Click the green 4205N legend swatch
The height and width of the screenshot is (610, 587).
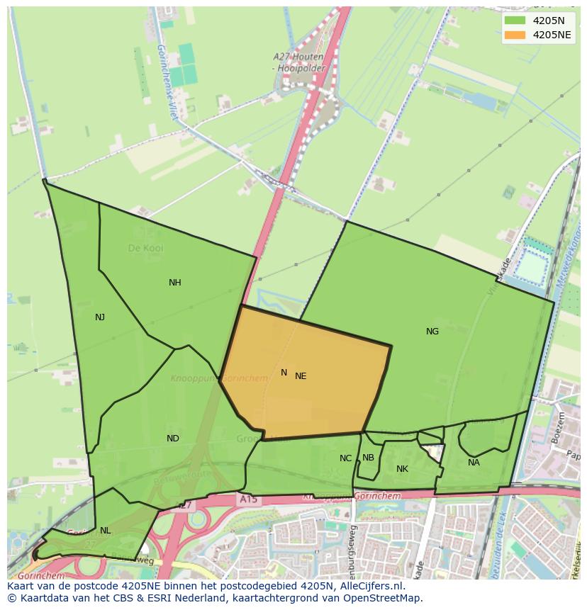click(515, 21)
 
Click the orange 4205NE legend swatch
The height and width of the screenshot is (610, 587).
click(515, 35)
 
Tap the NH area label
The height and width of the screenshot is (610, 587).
click(175, 283)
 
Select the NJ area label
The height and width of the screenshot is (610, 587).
click(100, 317)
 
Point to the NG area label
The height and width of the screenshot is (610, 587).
click(432, 332)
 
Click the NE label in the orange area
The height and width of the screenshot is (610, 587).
click(301, 376)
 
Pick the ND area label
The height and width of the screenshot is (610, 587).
click(173, 439)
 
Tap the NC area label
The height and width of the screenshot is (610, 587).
click(345, 458)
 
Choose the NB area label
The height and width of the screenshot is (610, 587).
click(368, 458)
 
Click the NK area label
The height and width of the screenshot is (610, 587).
click(402, 469)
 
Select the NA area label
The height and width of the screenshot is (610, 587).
click(474, 463)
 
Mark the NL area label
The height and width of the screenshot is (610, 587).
click(106, 531)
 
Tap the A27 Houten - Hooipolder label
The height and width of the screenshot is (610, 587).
click(298, 62)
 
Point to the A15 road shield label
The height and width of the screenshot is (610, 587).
click(248, 499)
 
